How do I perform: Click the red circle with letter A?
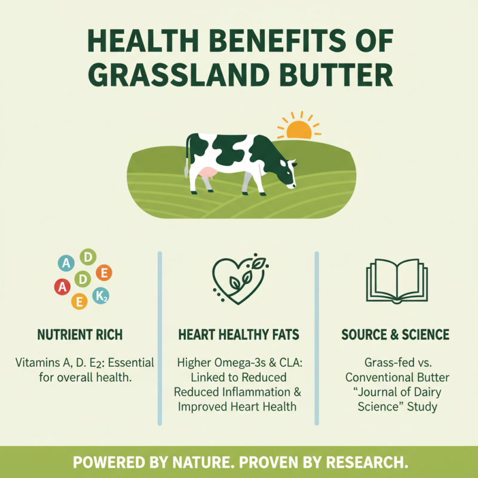pyautogui.click(x=62, y=287)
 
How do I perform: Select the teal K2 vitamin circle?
pyautogui.click(x=101, y=297)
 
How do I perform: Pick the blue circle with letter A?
pyautogui.click(x=67, y=263)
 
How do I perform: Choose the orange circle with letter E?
pyautogui.click(x=104, y=273)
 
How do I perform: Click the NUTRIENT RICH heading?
pyautogui.click(x=79, y=334)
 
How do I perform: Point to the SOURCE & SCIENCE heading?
pyautogui.click(x=395, y=334)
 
